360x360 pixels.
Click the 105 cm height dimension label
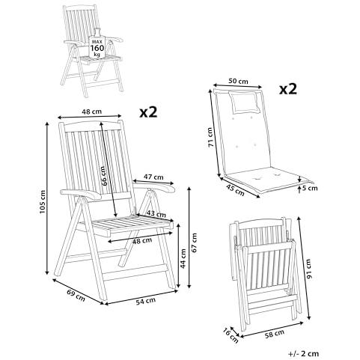(43, 201)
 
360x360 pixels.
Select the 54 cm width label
(146, 301)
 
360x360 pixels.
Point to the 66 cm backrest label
(105, 176)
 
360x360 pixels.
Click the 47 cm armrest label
(153, 177)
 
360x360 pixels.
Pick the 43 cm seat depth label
(156, 213)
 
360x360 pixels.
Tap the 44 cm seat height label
(183, 258)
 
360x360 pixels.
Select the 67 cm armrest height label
(194, 242)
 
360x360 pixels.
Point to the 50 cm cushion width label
(238, 81)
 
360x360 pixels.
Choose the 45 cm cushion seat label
(235, 190)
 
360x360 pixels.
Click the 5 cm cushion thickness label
(310, 188)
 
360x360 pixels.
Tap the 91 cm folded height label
(308, 269)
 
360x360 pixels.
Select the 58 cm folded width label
(274, 334)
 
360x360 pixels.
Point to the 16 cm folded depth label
(231, 335)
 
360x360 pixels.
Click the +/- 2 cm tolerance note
(304, 353)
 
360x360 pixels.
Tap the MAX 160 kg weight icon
(97, 44)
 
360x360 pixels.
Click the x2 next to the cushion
(288, 89)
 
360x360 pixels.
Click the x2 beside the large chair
(148, 112)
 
